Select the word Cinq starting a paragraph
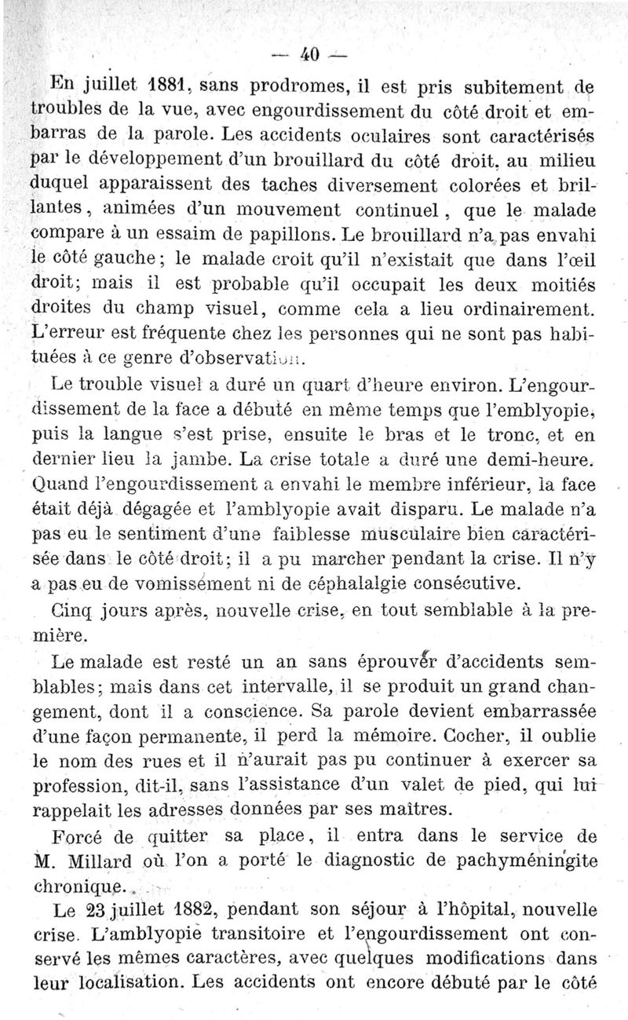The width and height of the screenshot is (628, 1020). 72,610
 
